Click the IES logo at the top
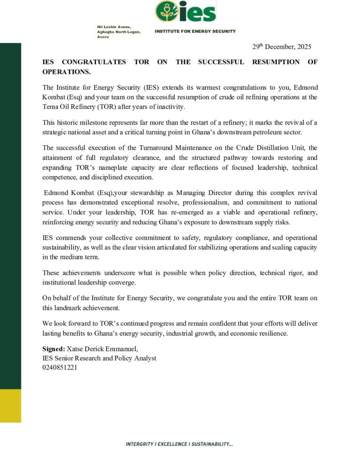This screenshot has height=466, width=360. pyautogui.click(x=185, y=11)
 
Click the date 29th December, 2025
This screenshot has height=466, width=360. pyautogui.click(x=282, y=46)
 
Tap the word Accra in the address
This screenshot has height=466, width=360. pyautogui.click(x=103, y=36)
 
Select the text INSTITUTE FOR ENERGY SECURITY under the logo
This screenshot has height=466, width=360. pyautogui.click(x=195, y=31)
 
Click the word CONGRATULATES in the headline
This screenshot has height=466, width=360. pyautogui.click(x=93, y=62)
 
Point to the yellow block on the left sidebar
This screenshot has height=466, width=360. pyautogui.click(x=10, y=405)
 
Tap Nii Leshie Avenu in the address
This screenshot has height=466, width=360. pyautogui.click(x=114, y=27)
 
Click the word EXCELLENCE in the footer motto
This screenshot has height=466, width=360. pyautogui.click(x=172, y=444)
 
